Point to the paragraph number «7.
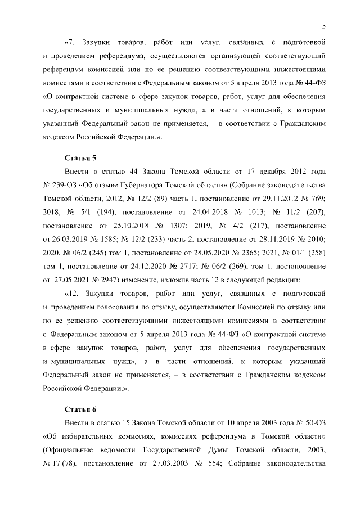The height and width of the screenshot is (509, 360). (x=70, y=43)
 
